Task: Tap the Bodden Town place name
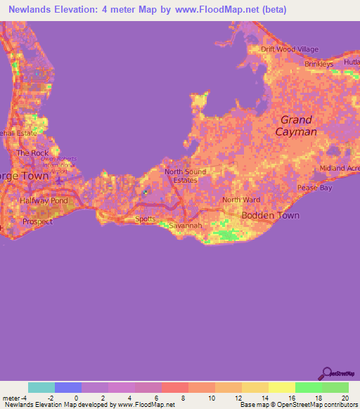click(270, 215)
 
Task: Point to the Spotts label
click(145, 219)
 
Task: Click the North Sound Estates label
click(181, 175)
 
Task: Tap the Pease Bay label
click(314, 188)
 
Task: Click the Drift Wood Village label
click(289, 49)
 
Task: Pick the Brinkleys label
click(319, 64)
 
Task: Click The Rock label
click(32, 152)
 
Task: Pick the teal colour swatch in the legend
click(41, 387)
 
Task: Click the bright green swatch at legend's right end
click(335, 387)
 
